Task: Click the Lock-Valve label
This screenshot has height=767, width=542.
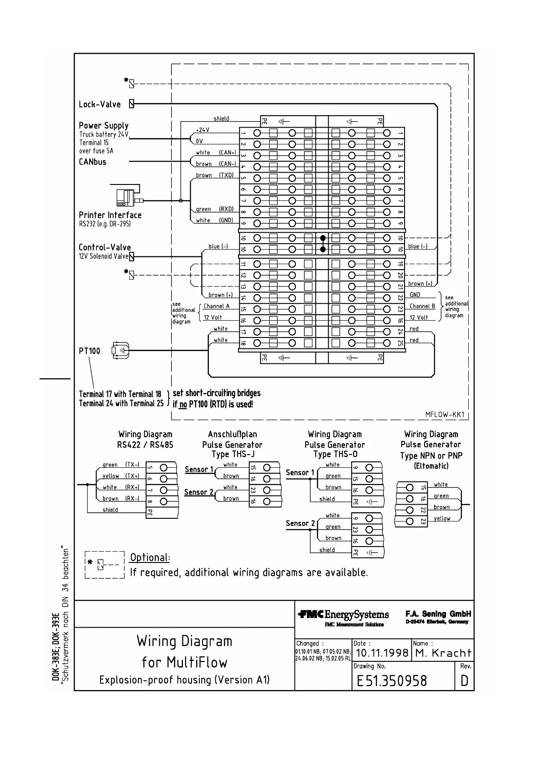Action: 100,104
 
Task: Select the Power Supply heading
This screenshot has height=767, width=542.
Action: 104,125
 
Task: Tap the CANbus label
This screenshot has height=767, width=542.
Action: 92,162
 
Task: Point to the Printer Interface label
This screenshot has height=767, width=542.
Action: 110,215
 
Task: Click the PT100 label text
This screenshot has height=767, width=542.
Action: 89,351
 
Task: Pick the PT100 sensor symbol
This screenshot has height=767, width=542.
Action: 121,351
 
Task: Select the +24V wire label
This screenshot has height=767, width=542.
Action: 203,130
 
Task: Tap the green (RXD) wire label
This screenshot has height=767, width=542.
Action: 214,209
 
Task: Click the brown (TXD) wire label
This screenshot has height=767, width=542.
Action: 214,175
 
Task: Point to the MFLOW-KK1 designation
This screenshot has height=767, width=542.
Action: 445,414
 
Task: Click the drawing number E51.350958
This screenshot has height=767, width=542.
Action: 392,681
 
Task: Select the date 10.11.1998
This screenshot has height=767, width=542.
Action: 382,653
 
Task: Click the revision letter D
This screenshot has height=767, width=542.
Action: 464,681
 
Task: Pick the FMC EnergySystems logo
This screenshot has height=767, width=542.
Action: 344,615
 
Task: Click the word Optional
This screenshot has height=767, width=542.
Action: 150,557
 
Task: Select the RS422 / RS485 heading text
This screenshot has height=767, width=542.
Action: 145,445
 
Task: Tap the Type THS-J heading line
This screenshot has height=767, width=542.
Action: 233,455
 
